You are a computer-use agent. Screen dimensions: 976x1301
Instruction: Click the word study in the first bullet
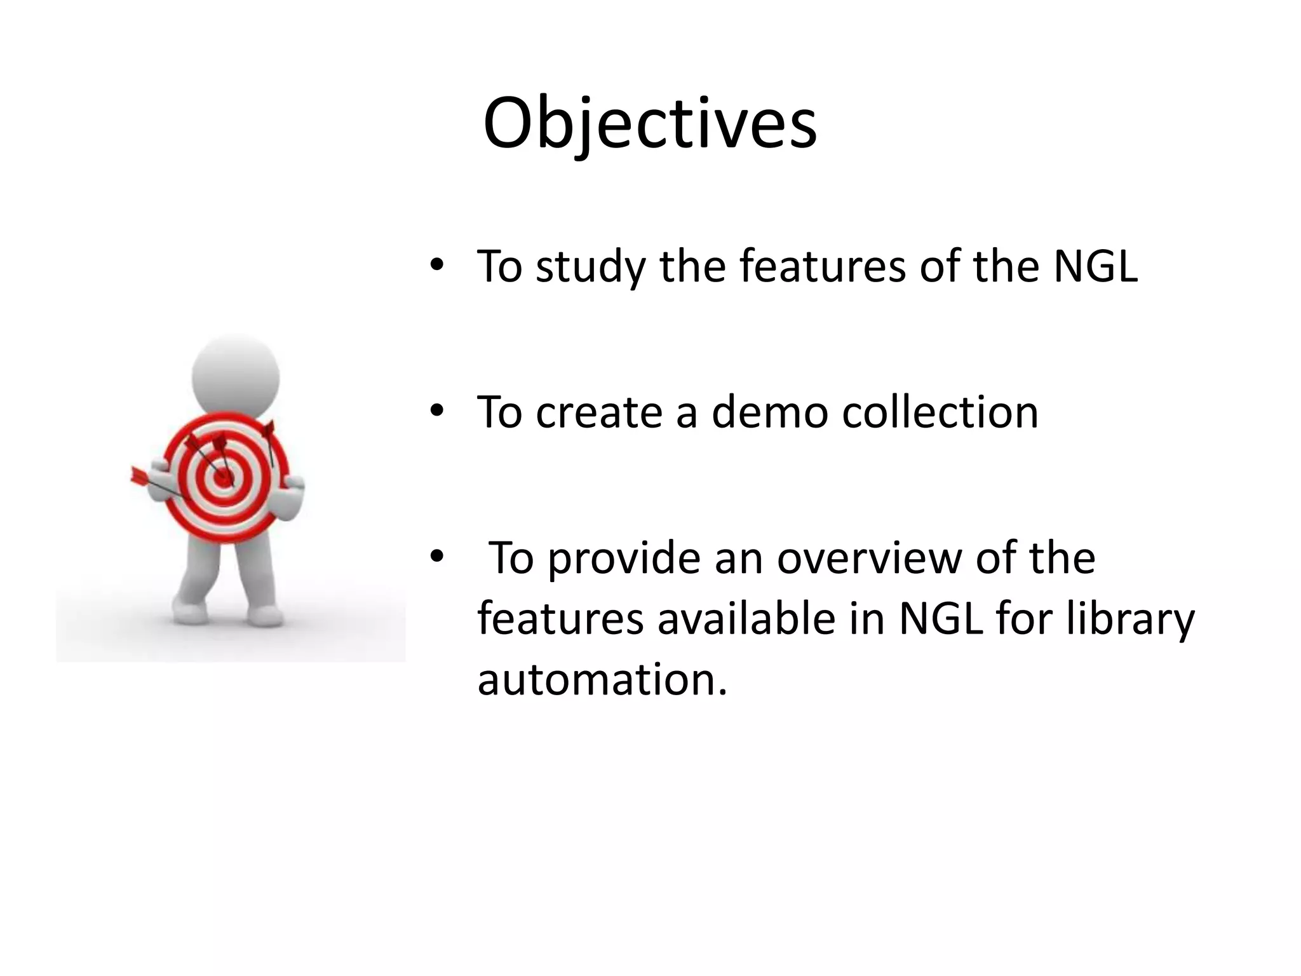[x=590, y=267]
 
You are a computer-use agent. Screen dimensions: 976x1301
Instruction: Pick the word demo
[x=769, y=412]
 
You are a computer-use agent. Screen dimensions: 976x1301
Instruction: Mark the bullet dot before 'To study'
[x=436, y=265]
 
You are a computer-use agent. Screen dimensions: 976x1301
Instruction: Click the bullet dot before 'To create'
[x=436, y=411]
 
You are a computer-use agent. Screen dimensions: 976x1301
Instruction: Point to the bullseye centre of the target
[x=223, y=478]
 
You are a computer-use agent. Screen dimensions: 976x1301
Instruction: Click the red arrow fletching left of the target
[x=138, y=475]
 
